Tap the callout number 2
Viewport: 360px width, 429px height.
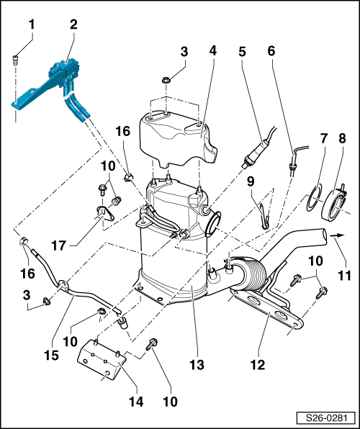click(x=73, y=24)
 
